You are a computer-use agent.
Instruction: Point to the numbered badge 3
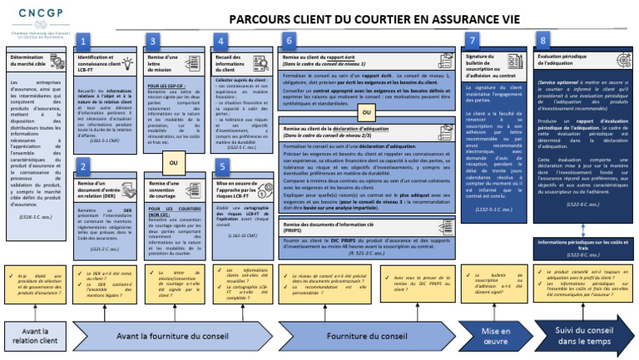pos(153,40)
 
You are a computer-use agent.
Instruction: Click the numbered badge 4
pos(221,40)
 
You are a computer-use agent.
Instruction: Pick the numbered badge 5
pos(221,165)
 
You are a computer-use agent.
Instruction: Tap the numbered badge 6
pos(289,40)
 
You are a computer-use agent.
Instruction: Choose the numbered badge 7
pos(473,40)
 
